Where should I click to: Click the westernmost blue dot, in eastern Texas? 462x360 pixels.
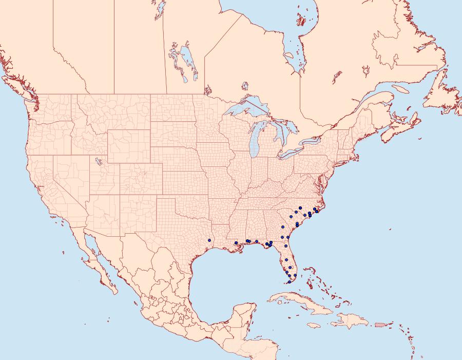(x=209, y=240)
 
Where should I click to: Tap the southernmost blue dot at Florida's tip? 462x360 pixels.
(x=290, y=282)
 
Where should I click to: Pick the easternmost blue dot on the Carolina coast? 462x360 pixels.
(x=317, y=212)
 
